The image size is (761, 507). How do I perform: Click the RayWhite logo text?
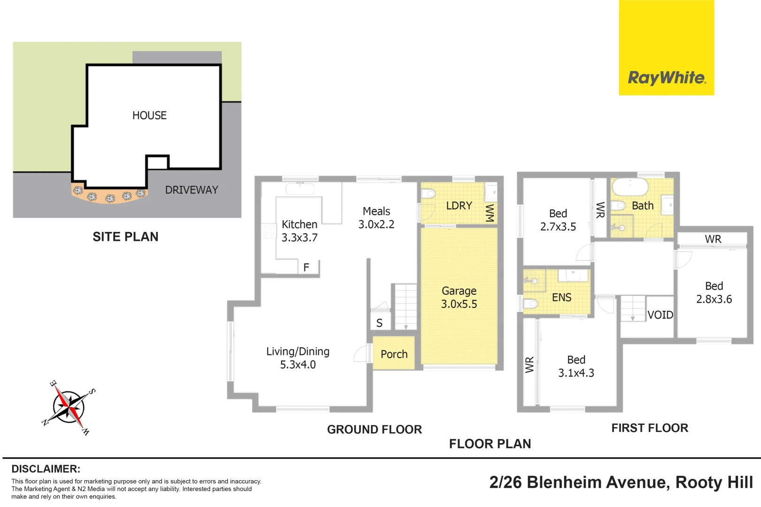667,78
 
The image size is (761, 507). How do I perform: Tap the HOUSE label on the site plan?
149,115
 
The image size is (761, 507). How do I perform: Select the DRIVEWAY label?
192,190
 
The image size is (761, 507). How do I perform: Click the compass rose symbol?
70,407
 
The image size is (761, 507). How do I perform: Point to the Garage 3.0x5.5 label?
459,298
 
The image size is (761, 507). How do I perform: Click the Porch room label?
394,354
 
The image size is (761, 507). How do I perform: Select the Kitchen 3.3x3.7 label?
300,231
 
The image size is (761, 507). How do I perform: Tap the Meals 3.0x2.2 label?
376,218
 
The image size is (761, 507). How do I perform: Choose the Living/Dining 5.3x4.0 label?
298,358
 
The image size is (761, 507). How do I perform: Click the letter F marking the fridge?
306,268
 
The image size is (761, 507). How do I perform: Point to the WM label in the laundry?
490,213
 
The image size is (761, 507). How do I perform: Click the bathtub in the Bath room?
630,187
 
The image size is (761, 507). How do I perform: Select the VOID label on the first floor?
660,315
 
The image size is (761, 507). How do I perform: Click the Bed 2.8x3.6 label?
714,292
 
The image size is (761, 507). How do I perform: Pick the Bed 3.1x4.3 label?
576,367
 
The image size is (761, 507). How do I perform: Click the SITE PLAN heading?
125,237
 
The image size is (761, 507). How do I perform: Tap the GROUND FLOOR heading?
374,430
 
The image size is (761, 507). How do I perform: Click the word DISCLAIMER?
46,469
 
